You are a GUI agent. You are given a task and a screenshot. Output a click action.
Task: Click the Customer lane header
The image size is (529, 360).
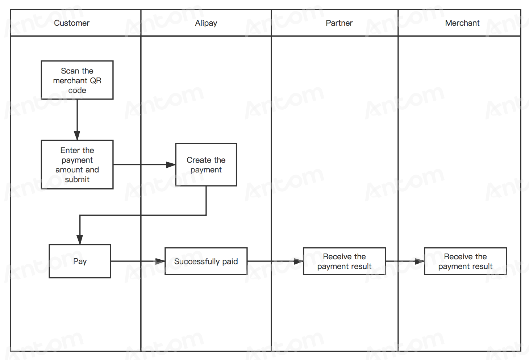coord(71,23)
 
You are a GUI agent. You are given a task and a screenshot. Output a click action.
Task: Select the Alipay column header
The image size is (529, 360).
coord(206,23)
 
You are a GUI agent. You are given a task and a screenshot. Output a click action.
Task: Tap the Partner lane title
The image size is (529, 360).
coord(339,23)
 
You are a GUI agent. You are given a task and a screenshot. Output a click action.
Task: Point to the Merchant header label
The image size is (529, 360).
coord(462,23)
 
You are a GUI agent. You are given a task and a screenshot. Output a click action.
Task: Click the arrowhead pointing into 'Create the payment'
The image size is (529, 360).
coord(171,164)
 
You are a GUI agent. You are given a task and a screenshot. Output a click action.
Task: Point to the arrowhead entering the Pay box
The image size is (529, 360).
coord(80,240)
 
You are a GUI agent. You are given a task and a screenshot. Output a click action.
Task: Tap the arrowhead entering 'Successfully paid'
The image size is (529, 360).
coord(160,261)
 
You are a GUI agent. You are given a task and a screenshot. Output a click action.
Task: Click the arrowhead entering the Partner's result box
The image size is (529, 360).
coord(298,261)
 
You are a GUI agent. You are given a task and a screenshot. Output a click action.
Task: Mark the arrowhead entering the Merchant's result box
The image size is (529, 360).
coord(420,261)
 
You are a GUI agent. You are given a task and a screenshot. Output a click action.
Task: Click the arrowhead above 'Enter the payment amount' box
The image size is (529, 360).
coord(77,135)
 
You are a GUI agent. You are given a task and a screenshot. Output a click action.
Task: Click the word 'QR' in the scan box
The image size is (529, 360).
coord(96,80)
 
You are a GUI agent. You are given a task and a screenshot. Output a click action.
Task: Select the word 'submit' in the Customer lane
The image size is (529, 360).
coord(77,179)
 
